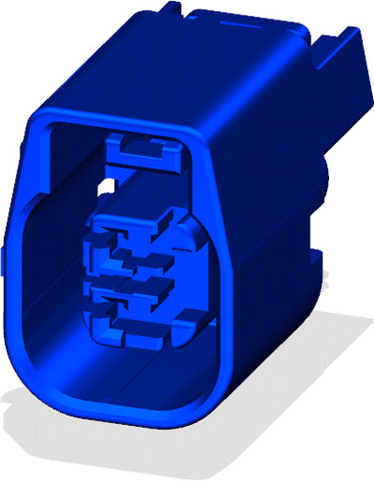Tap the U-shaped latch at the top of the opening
tap(138, 149)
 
